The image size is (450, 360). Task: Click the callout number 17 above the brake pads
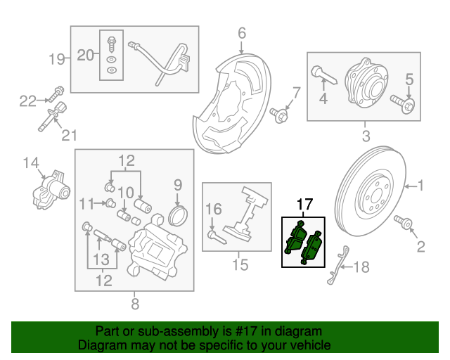[x=304, y=206]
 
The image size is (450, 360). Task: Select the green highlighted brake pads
[x=303, y=241]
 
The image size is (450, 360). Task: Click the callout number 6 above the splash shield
[x=241, y=33]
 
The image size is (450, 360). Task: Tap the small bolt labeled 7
[x=283, y=114]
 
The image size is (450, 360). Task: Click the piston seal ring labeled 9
[x=180, y=214]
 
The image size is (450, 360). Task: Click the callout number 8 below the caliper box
[x=135, y=304]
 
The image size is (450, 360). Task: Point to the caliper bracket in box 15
[x=243, y=214]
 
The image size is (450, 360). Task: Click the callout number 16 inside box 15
[x=213, y=208]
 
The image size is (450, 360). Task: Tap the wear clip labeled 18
[x=338, y=267]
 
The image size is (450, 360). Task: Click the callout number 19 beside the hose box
[x=57, y=59]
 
